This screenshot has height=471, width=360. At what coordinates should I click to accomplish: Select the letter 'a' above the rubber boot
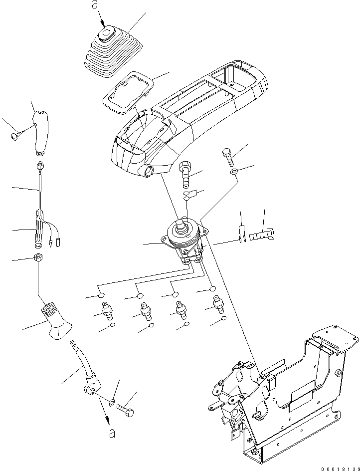pos(95,6)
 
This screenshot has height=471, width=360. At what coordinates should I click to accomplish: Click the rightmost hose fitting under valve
pos(218,305)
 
